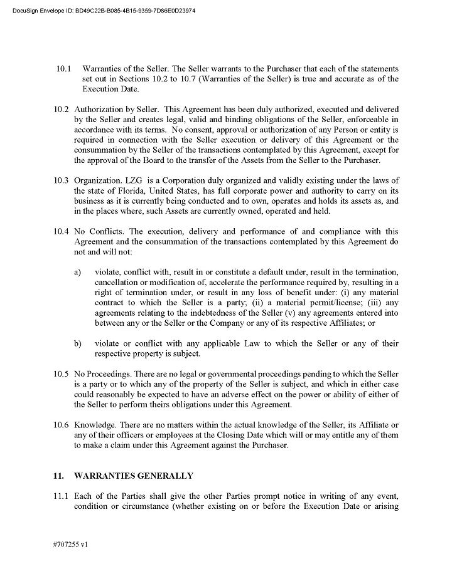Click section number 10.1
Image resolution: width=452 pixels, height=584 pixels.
[x=63, y=68]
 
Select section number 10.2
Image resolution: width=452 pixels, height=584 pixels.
[x=61, y=109]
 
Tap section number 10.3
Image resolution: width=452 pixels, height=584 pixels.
[x=61, y=180]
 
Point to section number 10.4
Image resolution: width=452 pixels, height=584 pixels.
[x=61, y=231]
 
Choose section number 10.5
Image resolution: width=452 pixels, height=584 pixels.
[x=61, y=374]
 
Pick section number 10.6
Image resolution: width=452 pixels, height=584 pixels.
[x=61, y=425]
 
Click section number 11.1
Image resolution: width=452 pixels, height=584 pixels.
[x=61, y=496]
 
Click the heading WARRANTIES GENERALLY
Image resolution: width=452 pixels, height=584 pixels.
[x=134, y=476]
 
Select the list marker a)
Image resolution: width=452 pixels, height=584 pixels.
[x=78, y=273]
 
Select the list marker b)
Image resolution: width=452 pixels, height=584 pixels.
[x=78, y=344]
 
